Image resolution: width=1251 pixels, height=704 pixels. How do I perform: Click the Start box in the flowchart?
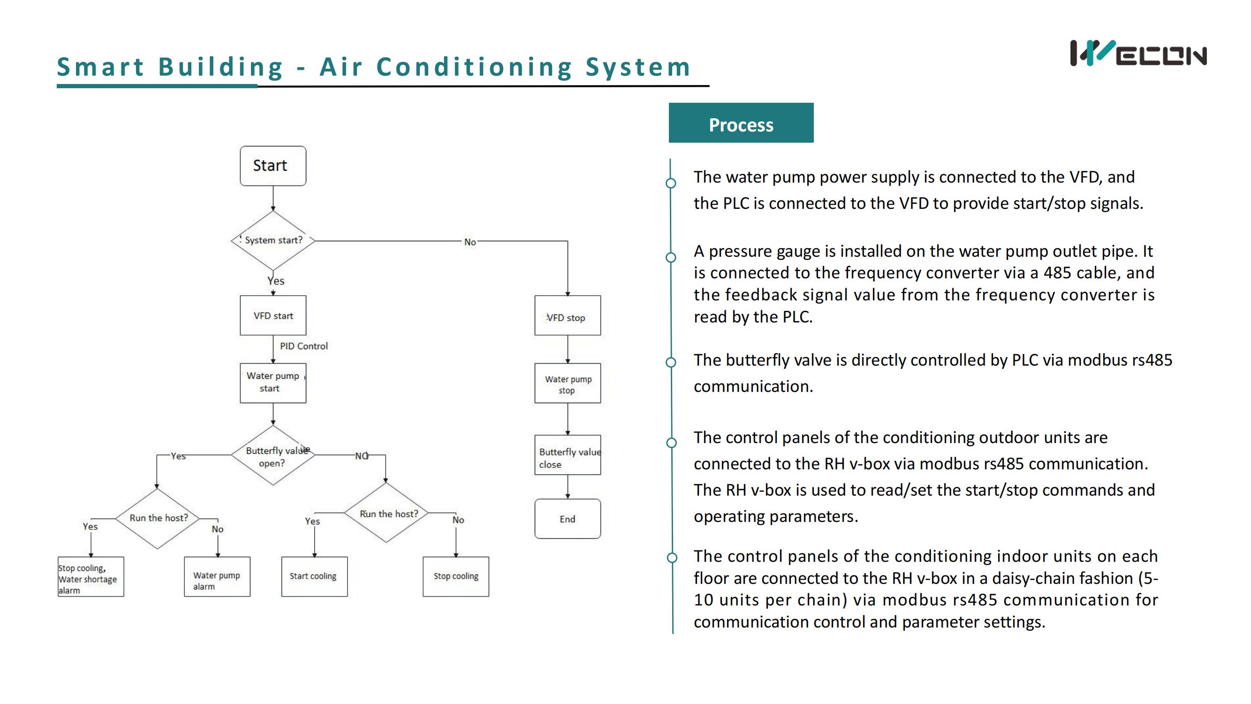point(273,166)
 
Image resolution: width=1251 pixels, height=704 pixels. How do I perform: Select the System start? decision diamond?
point(273,240)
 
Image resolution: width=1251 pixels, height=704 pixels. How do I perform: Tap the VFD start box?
point(273,315)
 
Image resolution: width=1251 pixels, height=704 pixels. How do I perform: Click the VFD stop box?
point(567,315)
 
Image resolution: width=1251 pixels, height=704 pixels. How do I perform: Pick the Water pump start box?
point(273,383)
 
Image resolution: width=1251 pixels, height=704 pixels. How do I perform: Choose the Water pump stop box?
point(567,383)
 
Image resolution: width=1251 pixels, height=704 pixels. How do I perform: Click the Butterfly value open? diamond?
point(273,456)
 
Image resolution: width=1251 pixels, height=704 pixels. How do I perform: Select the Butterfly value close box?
point(567,455)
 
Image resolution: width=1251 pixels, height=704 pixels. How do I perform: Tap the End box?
point(567,519)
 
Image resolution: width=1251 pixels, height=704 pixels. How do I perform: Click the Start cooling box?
point(314,576)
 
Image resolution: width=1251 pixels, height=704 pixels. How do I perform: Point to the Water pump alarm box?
point(217,577)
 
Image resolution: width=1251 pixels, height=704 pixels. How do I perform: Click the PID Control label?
point(304,346)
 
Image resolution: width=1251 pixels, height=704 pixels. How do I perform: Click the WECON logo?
point(1138,54)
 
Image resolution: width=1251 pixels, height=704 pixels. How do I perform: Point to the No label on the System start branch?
point(470,242)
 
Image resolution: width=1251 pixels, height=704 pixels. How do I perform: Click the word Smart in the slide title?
point(100,67)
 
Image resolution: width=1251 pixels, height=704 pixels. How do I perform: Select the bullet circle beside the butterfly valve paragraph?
point(671,362)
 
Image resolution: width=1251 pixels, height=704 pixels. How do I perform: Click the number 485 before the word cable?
point(1058,273)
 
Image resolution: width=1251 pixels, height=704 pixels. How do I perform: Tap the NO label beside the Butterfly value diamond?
point(362,456)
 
